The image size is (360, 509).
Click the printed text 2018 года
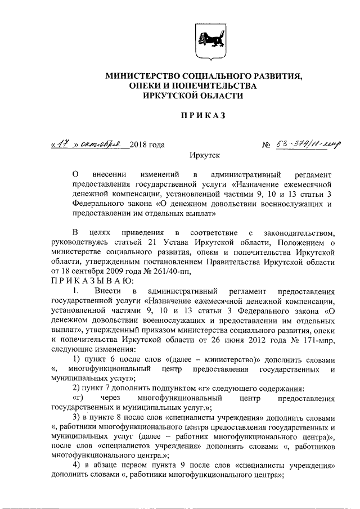147,145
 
